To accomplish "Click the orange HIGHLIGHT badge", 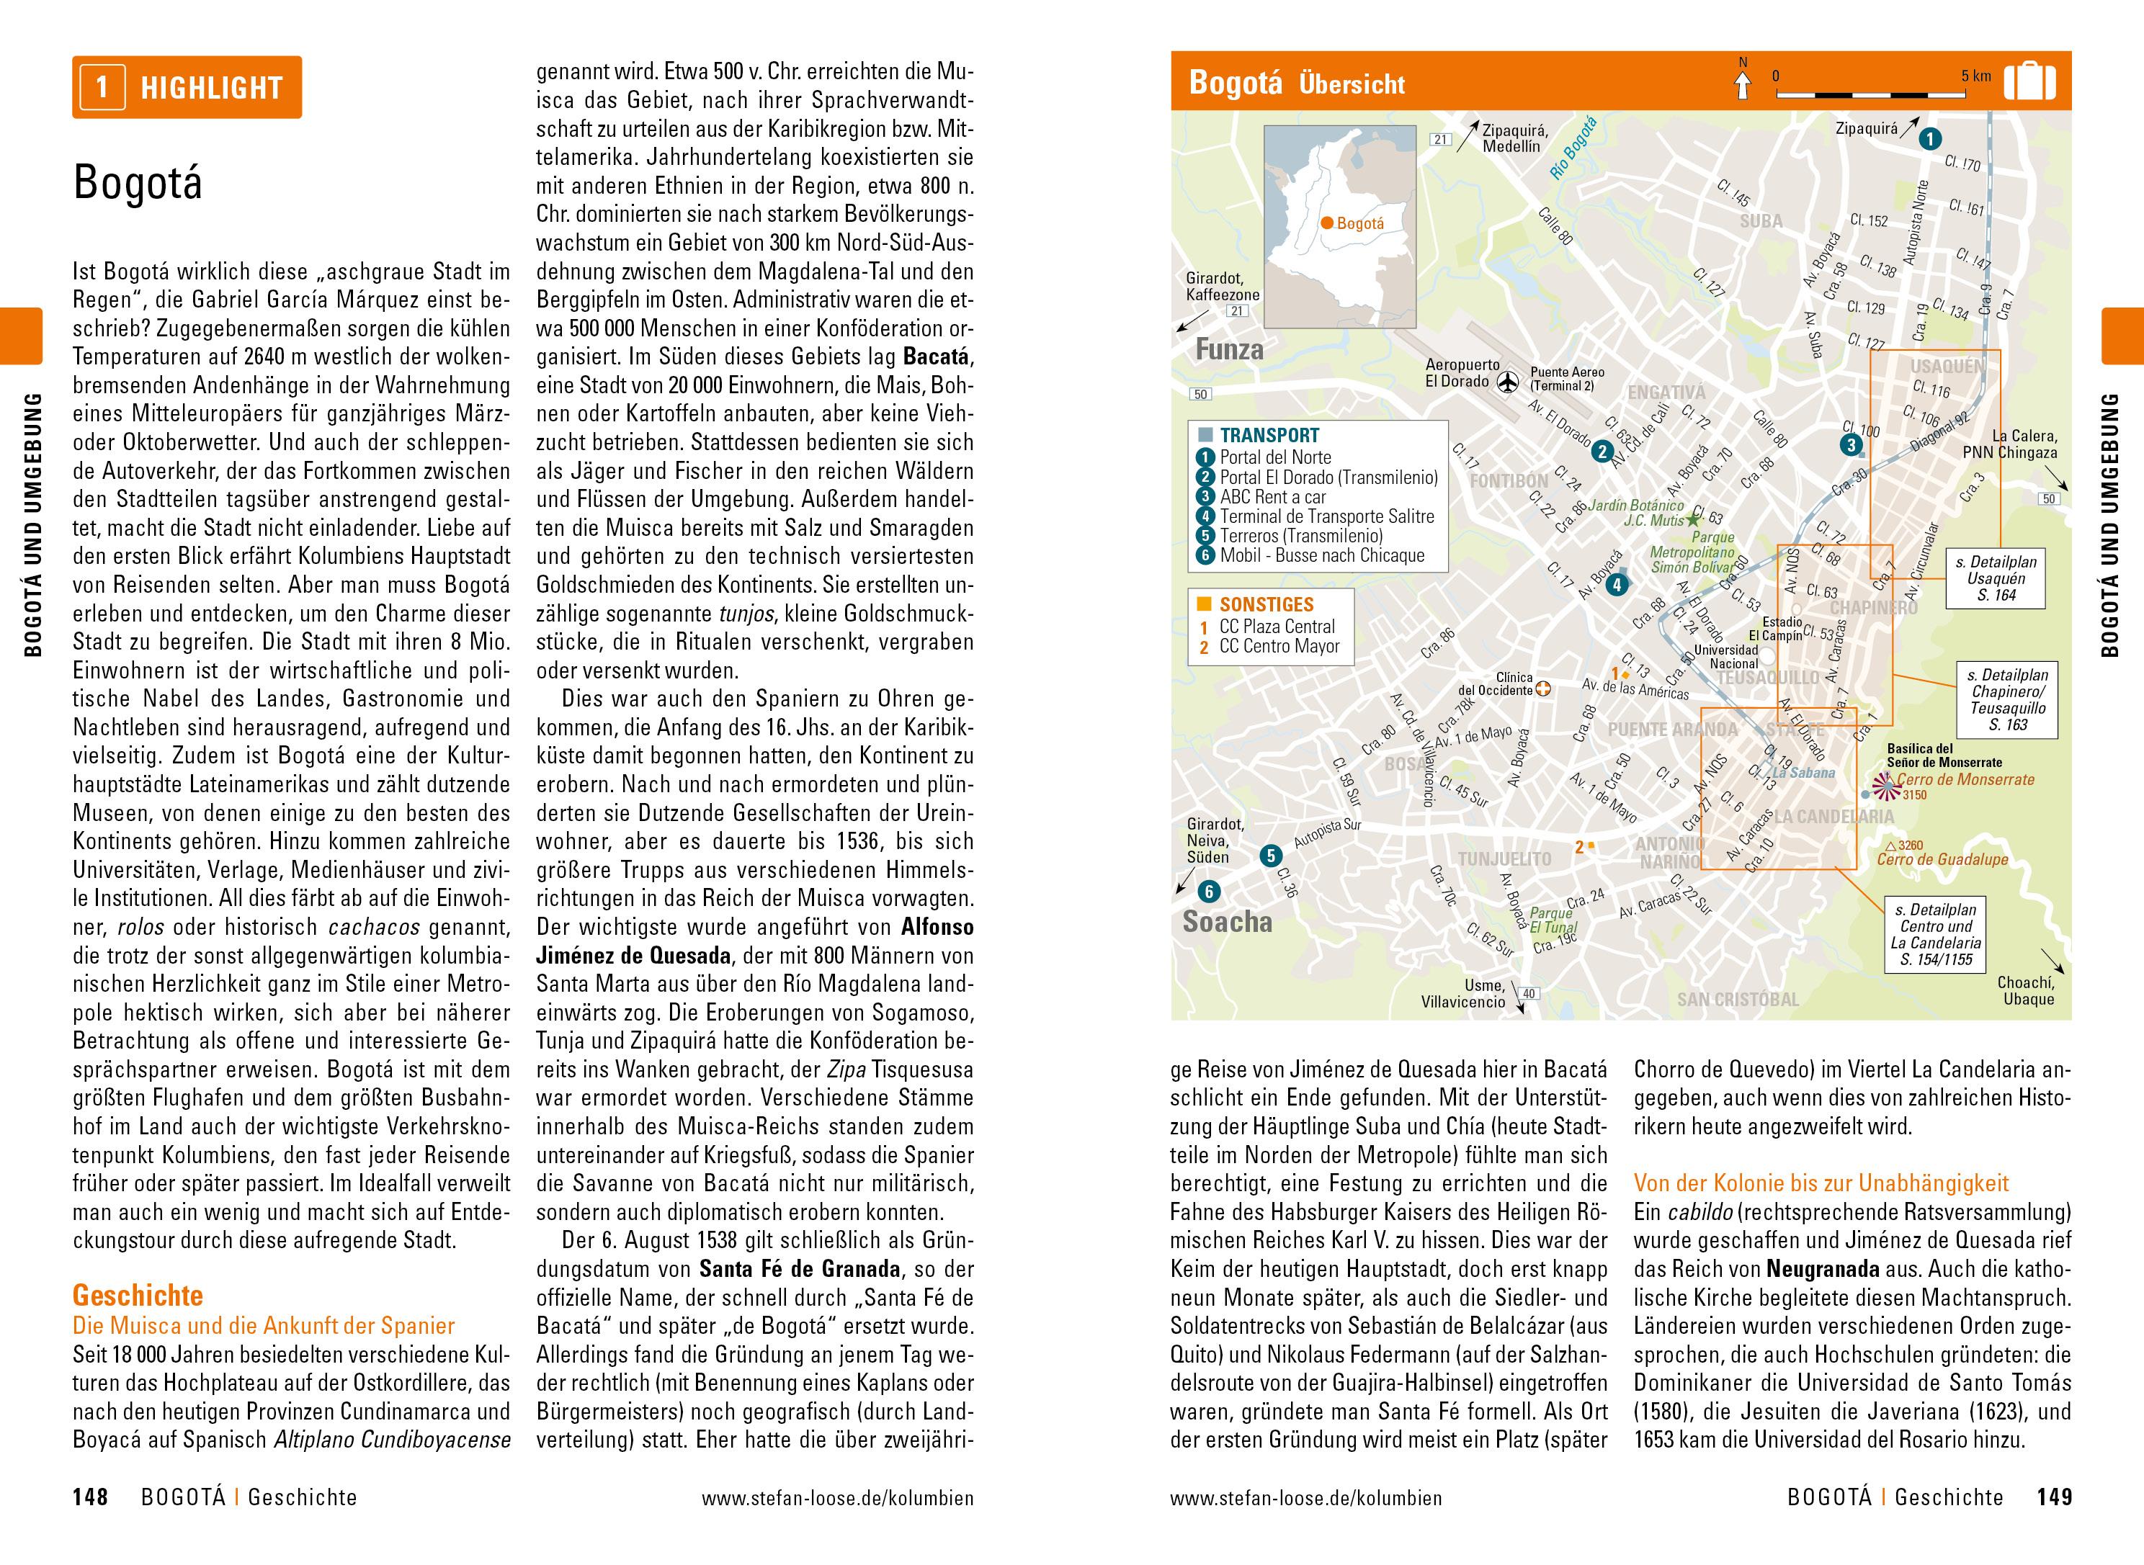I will point(187,88).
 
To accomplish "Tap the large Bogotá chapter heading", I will point(138,182).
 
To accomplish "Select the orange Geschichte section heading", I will point(138,1295).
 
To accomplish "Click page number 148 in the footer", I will point(91,1498).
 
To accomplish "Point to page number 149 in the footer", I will point(2054,1498).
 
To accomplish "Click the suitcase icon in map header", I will point(2030,82).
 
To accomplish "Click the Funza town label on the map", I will point(1230,349).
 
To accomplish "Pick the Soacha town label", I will point(1228,922).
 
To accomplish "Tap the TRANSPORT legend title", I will point(1269,436).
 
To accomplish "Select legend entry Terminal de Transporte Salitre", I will point(1326,516).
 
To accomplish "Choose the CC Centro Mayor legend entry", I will point(1279,647).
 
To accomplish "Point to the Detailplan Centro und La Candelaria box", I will point(1936,934).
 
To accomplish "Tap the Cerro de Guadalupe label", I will point(1942,859).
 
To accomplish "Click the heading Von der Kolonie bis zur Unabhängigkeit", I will point(1821,1183).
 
